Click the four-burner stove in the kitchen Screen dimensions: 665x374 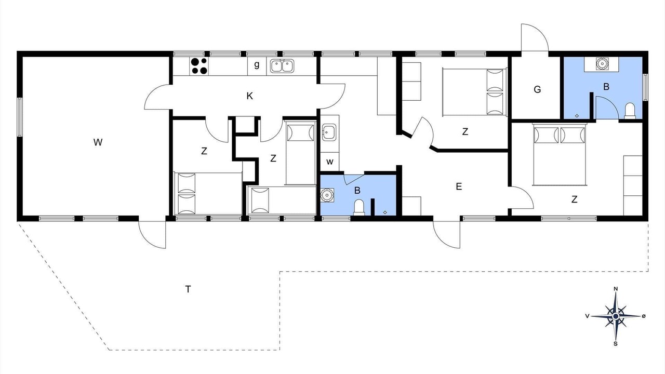199,66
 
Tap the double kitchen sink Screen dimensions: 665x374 282,66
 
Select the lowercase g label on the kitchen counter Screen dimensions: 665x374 257,65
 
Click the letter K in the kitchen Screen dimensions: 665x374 250,96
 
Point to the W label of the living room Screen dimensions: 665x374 98,142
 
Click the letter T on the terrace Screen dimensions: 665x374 188,289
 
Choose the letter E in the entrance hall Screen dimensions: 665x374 459,186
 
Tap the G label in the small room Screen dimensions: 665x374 537,89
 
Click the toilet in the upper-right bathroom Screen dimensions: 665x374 630,111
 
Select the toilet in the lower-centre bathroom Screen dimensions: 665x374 359,207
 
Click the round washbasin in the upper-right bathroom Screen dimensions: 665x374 602,63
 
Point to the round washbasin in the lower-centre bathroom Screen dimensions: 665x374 327,195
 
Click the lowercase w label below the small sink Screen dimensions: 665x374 329,162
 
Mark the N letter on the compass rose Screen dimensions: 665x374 616,289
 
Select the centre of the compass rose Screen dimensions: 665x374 616,316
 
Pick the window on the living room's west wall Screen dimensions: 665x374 20,117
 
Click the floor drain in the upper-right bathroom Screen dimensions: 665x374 577,116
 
